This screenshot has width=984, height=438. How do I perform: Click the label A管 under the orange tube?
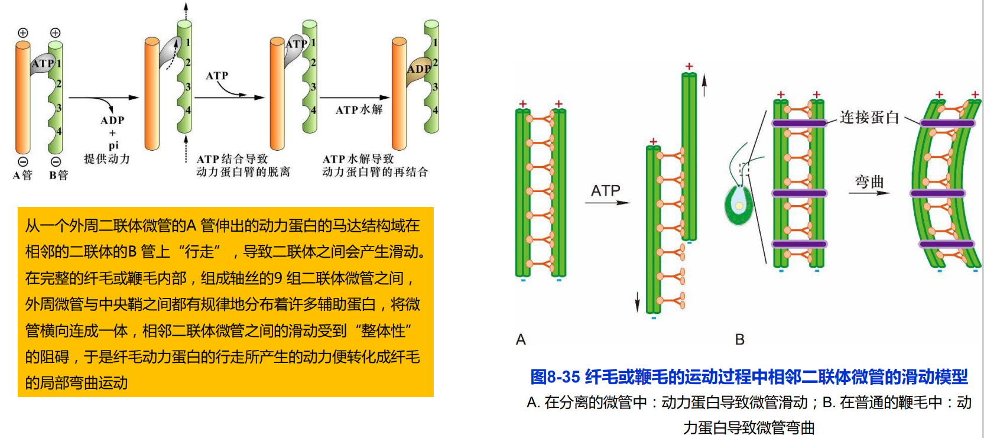[22, 175]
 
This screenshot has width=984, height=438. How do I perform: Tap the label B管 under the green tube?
[59, 175]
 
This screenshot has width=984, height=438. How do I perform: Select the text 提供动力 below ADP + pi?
[107, 158]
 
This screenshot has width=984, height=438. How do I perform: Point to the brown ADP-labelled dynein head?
[418, 69]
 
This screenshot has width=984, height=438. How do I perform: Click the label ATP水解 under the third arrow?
[359, 109]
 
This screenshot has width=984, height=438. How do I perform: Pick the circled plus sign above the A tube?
[23, 33]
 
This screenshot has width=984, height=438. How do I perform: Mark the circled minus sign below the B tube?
[56, 161]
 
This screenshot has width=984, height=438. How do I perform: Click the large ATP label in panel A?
[605, 190]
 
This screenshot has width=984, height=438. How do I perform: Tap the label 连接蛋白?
[869, 118]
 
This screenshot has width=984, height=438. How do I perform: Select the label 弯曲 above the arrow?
[869, 181]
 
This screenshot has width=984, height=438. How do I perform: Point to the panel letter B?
[739, 339]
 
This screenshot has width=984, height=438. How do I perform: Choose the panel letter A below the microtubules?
[521, 339]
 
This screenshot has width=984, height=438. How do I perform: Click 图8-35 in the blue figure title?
[555, 377]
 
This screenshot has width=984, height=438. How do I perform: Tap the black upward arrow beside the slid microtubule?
[704, 86]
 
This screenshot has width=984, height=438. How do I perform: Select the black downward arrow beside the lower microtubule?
[637, 301]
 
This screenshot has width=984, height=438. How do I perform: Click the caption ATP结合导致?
[232, 158]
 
